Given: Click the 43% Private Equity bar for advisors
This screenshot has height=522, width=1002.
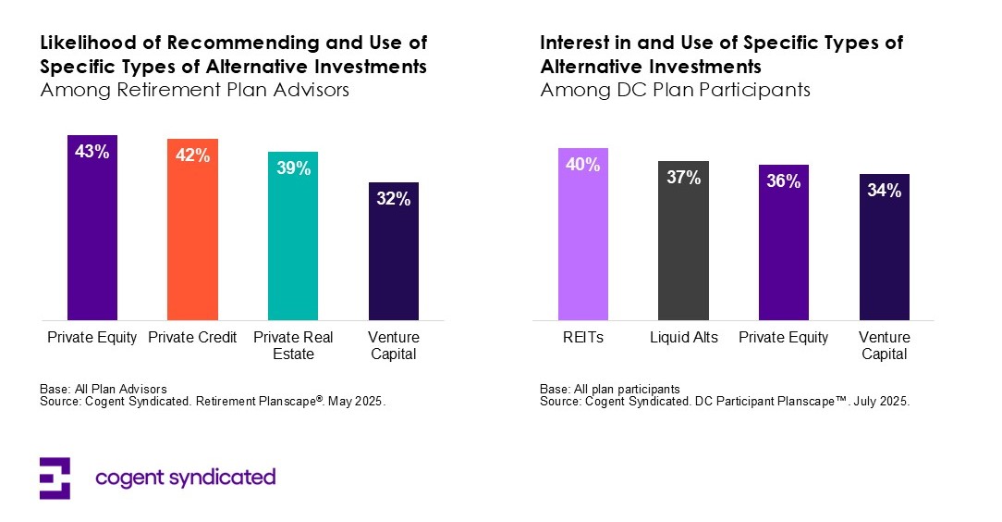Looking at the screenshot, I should point(92,231).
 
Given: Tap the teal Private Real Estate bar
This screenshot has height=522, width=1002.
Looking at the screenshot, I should point(292,241).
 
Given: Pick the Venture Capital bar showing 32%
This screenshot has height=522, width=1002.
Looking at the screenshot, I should point(393,255).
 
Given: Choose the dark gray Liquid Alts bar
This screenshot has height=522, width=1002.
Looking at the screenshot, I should point(683,245).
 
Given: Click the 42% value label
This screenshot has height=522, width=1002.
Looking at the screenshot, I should point(192,155).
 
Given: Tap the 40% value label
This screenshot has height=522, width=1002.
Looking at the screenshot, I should point(583,165).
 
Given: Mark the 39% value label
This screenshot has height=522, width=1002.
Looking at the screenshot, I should point(292,168).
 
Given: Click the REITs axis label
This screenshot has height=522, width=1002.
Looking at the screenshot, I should point(583,338).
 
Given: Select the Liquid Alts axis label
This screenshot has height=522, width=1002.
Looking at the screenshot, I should point(683,338).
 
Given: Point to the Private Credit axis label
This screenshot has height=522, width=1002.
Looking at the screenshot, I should point(192,338).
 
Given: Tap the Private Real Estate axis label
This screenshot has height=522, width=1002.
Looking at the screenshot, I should point(292,345).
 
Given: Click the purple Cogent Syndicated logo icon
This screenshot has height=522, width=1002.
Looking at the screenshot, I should point(55,478).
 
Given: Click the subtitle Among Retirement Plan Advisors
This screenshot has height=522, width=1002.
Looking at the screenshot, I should point(194,91).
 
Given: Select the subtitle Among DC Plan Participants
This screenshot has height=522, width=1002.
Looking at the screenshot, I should point(675,91).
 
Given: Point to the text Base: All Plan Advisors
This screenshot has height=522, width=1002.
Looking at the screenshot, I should point(103,390).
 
